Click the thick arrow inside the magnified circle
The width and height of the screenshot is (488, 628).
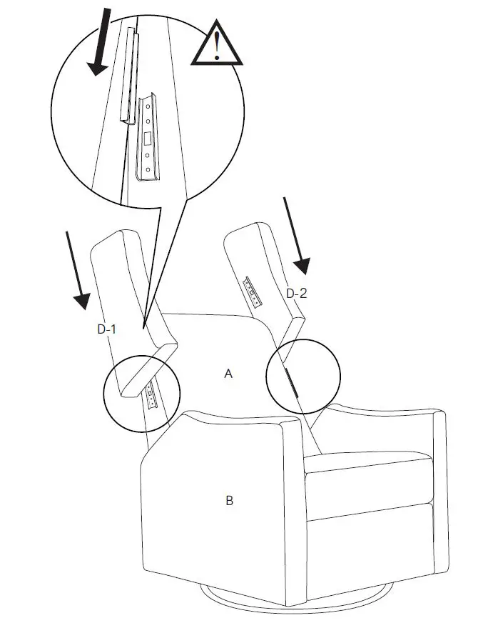[99, 43]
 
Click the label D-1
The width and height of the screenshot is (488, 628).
[107, 329]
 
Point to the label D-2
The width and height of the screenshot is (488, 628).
[296, 293]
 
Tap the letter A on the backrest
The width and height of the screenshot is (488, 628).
[228, 374]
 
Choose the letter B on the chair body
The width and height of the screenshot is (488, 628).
[229, 501]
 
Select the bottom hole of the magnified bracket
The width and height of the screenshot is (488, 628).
[148, 171]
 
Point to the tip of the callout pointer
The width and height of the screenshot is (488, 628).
[145, 328]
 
